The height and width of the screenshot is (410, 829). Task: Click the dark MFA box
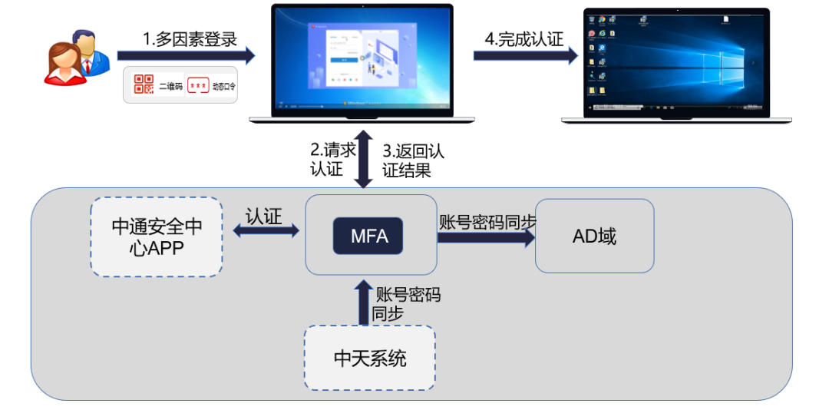tap(369, 236)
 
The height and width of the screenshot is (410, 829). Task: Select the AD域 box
tap(594, 236)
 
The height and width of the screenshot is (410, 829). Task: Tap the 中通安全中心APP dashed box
tap(157, 236)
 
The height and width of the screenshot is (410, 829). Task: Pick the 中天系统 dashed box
tap(369, 357)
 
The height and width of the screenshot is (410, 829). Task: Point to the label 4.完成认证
tap(524, 39)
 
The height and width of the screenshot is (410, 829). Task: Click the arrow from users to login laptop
tap(185, 55)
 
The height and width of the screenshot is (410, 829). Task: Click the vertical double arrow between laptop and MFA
tap(365, 159)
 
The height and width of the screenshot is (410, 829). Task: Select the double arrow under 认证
tap(266, 230)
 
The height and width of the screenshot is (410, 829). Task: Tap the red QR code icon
tap(144, 85)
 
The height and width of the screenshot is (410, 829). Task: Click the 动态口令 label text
tap(224, 87)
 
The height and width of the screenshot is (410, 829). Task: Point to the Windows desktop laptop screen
tap(675, 61)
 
